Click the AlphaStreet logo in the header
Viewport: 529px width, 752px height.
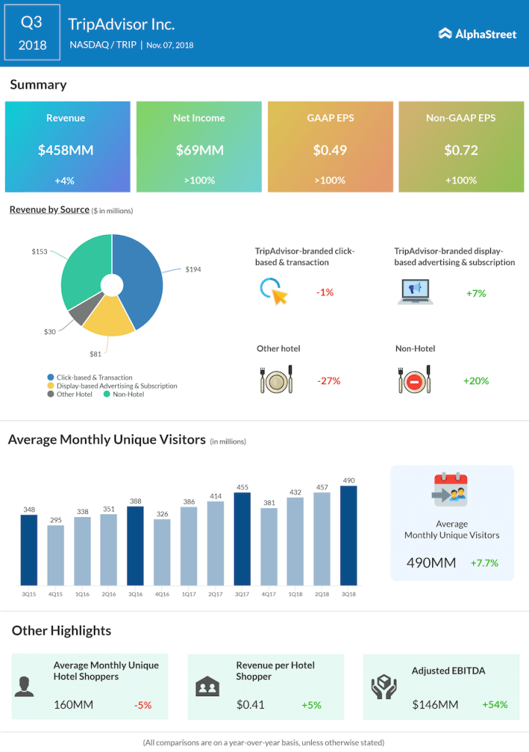click(x=477, y=33)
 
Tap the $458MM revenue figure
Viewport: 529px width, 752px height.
click(x=66, y=151)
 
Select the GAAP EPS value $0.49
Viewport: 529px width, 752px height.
click(x=329, y=151)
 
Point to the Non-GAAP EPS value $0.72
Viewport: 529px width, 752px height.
click(x=461, y=151)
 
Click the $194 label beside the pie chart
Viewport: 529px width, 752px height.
click(x=193, y=270)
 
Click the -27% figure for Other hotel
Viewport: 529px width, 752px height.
click(x=328, y=381)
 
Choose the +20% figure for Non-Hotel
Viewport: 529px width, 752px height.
click(x=475, y=381)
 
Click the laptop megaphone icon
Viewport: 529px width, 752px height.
click(x=415, y=292)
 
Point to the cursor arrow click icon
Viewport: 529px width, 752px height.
click(x=274, y=292)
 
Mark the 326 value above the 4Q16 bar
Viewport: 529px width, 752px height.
click(x=163, y=513)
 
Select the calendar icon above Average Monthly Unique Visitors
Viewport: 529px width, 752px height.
click(x=451, y=491)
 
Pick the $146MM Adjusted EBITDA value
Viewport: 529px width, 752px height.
click(x=435, y=705)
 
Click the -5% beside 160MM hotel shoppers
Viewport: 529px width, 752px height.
click(x=142, y=705)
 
